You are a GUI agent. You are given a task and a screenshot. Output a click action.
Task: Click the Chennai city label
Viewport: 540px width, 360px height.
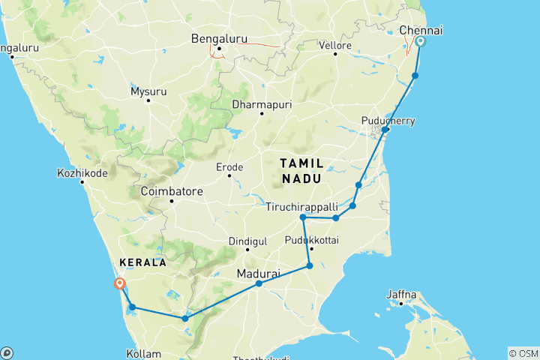421,29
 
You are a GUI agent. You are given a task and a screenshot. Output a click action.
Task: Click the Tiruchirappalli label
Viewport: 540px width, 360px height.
301,206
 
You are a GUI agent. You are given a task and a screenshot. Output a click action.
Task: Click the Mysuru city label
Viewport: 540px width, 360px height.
147,91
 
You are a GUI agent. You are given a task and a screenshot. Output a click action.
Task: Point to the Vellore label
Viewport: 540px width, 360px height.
337,46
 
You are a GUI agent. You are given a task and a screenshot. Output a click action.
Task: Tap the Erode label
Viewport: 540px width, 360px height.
229,166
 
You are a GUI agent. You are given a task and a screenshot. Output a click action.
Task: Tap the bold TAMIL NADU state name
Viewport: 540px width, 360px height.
301,170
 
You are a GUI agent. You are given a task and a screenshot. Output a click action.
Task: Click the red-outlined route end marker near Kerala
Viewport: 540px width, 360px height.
118,283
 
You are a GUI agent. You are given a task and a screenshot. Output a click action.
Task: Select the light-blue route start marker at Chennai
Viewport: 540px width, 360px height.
420,42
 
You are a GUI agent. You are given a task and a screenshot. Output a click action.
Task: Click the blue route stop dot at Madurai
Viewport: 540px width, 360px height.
259,283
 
